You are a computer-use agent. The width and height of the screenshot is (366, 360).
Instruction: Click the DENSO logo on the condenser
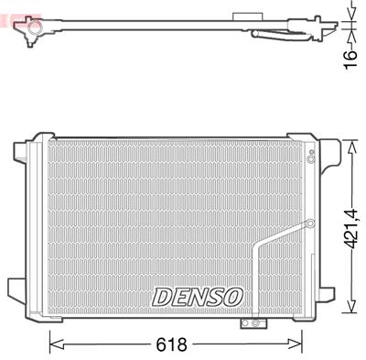[x=197, y=297]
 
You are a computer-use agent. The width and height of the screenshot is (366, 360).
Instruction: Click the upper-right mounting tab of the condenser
[x=314, y=144]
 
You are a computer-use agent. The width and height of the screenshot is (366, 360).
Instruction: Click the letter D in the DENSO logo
[x=162, y=297]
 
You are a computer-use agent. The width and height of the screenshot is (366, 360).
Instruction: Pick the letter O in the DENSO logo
[x=231, y=297]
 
